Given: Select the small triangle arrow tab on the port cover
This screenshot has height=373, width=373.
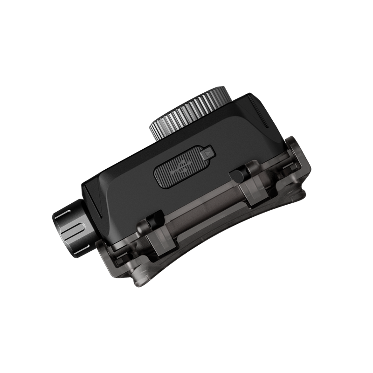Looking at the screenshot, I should (x=208, y=152).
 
